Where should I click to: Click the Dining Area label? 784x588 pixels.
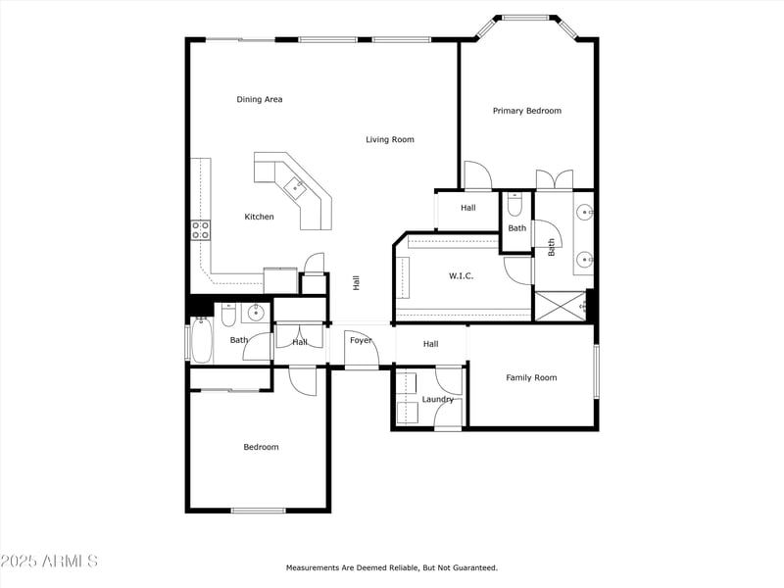click(x=260, y=99)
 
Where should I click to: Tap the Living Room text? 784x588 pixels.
click(x=390, y=139)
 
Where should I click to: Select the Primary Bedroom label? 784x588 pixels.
click(x=526, y=111)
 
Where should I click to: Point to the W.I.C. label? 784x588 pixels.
click(x=461, y=275)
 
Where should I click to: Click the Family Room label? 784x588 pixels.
click(x=531, y=377)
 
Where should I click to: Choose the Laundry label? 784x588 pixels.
click(x=437, y=399)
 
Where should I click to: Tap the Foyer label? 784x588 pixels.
click(x=361, y=340)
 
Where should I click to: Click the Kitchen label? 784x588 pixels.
click(x=260, y=217)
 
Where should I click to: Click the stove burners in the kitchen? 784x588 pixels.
click(x=200, y=229)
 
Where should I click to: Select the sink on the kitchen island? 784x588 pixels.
click(x=294, y=185)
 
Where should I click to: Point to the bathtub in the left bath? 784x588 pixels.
click(x=202, y=342)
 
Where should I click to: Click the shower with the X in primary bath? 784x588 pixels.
click(x=559, y=306)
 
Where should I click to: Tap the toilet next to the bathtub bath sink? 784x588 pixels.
click(x=227, y=314)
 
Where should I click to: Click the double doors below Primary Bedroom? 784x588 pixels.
click(x=554, y=180)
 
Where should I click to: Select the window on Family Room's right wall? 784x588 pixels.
click(x=595, y=371)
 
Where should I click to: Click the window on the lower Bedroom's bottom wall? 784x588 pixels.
click(x=258, y=510)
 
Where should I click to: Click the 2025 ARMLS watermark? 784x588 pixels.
click(x=49, y=561)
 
